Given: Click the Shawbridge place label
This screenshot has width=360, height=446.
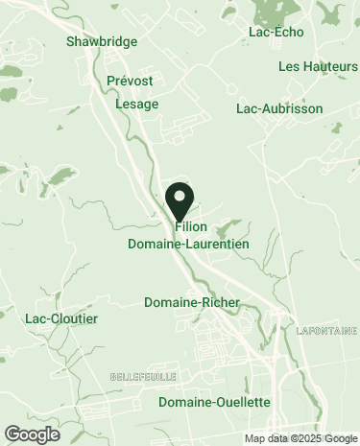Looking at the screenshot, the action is click(102, 42).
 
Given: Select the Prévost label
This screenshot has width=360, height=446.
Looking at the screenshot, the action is click(130, 83).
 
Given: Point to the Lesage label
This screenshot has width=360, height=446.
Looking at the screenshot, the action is click(136, 104).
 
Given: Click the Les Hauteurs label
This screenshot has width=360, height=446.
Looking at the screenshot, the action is click(317, 66).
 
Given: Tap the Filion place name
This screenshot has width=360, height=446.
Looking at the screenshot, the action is click(192, 227).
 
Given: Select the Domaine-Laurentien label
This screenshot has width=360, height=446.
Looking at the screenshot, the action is click(188, 245).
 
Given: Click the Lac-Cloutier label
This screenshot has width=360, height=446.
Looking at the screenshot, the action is click(61, 318).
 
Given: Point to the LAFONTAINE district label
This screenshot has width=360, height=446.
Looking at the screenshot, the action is click(325, 331).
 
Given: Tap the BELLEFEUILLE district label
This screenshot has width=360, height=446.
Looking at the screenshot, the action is click(142, 374).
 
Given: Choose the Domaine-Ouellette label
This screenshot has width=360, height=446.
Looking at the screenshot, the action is click(215, 402).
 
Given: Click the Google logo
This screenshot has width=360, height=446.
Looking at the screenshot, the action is click(32, 434).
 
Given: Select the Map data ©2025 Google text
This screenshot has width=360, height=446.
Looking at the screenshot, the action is click(300, 439).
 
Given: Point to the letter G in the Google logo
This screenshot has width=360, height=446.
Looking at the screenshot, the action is click(12, 434).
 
